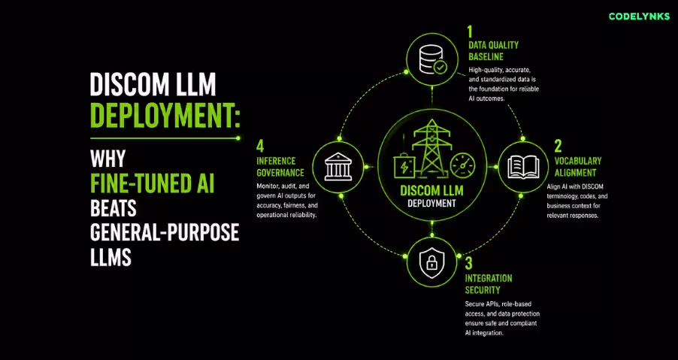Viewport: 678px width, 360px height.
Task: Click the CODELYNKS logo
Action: click(x=639, y=17)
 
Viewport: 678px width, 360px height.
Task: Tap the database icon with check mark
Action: click(x=432, y=59)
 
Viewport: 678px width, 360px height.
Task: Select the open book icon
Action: click(x=523, y=168)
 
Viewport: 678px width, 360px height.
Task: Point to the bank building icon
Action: click(x=337, y=168)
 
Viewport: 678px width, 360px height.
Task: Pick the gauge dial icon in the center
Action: click(x=462, y=165)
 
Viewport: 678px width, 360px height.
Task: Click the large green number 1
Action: click(x=471, y=32)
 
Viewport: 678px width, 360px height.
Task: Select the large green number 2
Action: click(x=558, y=147)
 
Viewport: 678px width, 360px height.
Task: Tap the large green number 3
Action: click(x=469, y=263)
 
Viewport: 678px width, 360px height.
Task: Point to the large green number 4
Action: click(x=260, y=146)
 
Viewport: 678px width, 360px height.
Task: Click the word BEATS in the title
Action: click(x=114, y=208)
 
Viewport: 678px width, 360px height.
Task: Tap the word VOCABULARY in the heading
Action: click(x=578, y=161)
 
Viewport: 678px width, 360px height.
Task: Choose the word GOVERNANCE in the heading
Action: click(x=280, y=173)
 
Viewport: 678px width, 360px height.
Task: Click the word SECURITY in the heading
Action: click(x=483, y=290)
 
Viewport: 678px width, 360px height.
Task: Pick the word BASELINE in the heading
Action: click(x=486, y=57)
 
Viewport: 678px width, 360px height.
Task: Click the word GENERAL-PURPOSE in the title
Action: click(x=165, y=234)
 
